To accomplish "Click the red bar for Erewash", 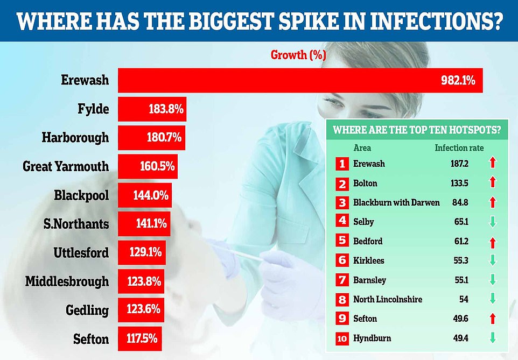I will (300, 81).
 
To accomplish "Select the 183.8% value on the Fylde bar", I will (166, 109).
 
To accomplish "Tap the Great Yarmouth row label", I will (66, 166).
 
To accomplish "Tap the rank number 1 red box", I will (341, 164).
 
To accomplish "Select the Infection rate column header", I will (459, 148).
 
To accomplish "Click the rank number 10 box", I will (341, 338).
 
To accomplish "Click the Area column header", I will (362, 148).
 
